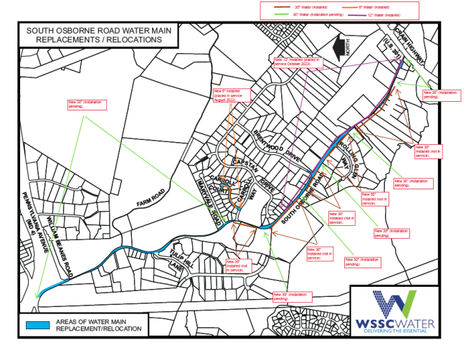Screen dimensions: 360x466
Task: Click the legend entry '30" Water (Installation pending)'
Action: (x=322, y=14)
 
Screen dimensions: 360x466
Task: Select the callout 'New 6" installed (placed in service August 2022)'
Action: (x=228, y=95)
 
